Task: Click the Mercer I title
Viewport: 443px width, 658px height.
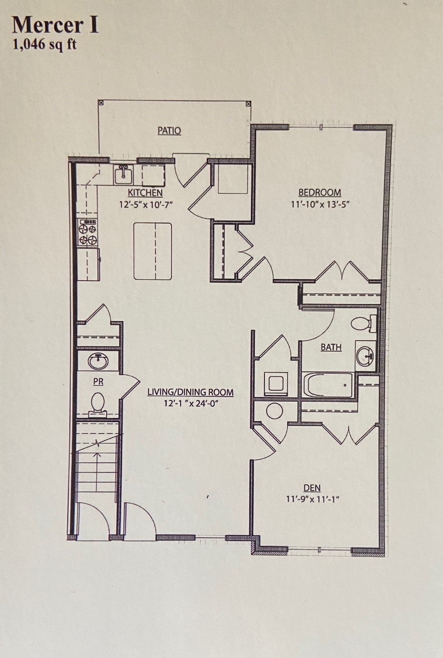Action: pyautogui.click(x=55, y=25)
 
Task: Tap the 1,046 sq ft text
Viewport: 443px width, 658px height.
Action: pyautogui.click(x=44, y=44)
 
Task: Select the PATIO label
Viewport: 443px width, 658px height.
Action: pyautogui.click(x=169, y=130)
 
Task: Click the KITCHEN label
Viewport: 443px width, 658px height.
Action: pyautogui.click(x=145, y=193)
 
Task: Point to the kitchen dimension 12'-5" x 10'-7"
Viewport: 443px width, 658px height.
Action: pyautogui.click(x=145, y=204)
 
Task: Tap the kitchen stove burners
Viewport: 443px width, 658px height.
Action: pyautogui.click(x=88, y=232)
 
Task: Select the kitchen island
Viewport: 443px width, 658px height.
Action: pyautogui.click(x=153, y=251)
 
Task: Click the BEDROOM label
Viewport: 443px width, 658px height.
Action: pyautogui.click(x=319, y=193)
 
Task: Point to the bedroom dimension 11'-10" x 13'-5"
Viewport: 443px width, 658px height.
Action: pyautogui.click(x=319, y=204)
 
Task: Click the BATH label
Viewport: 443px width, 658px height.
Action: pyautogui.click(x=331, y=347)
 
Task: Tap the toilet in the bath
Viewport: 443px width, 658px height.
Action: pyautogui.click(x=362, y=323)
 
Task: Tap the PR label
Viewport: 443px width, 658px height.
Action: pyautogui.click(x=98, y=381)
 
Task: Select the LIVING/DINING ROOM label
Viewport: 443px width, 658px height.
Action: pyautogui.click(x=190, y=392)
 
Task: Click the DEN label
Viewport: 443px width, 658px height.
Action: pyautogui.click(x=312, y=488)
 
